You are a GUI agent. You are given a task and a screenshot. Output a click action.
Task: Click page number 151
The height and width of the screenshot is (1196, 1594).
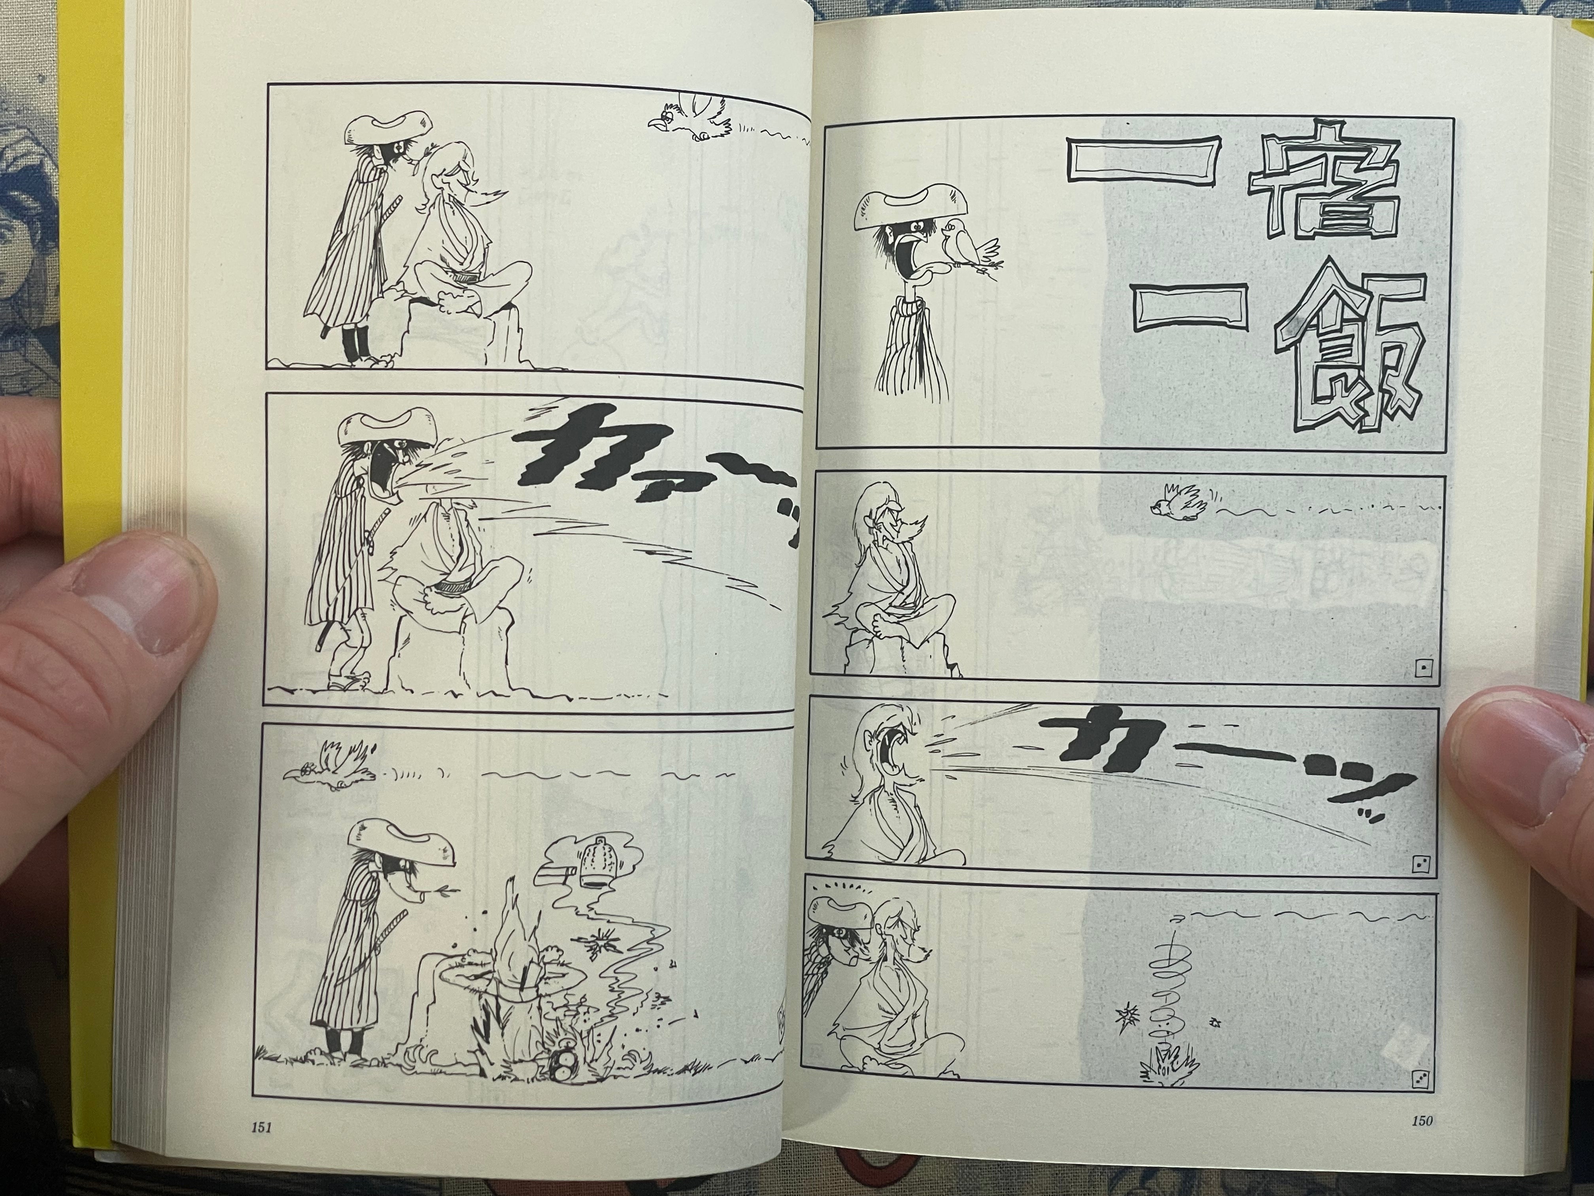(260, 1149)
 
